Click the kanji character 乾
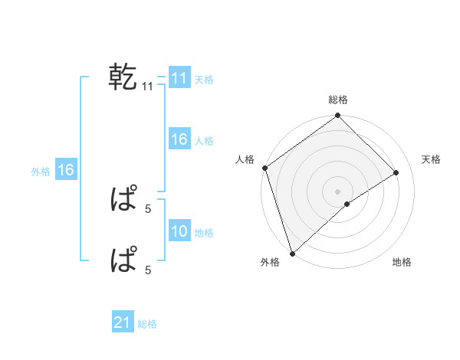tap(123, 77)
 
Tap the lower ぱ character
tap(123, 260)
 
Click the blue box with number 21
tap(123, 322)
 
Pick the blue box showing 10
tap(179, 231)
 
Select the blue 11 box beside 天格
tap(179, 78)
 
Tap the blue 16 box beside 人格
tap(179, 139)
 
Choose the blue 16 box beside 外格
tap(66, 170)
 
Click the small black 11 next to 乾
tap(148, 87)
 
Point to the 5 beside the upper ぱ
tap(148, 208)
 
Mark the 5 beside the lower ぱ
tap(148, 269)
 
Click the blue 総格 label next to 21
tap(147, 324)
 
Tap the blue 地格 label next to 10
tap(205, 233)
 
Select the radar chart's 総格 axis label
tap(337, 100)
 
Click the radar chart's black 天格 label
tap(431, 159)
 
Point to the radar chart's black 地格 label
tap(402, 263)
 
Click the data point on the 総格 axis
tap(337, 116)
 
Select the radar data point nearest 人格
tap(264, 168)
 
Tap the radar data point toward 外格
tap(292, 253)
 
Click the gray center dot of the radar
tap(337, 191)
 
